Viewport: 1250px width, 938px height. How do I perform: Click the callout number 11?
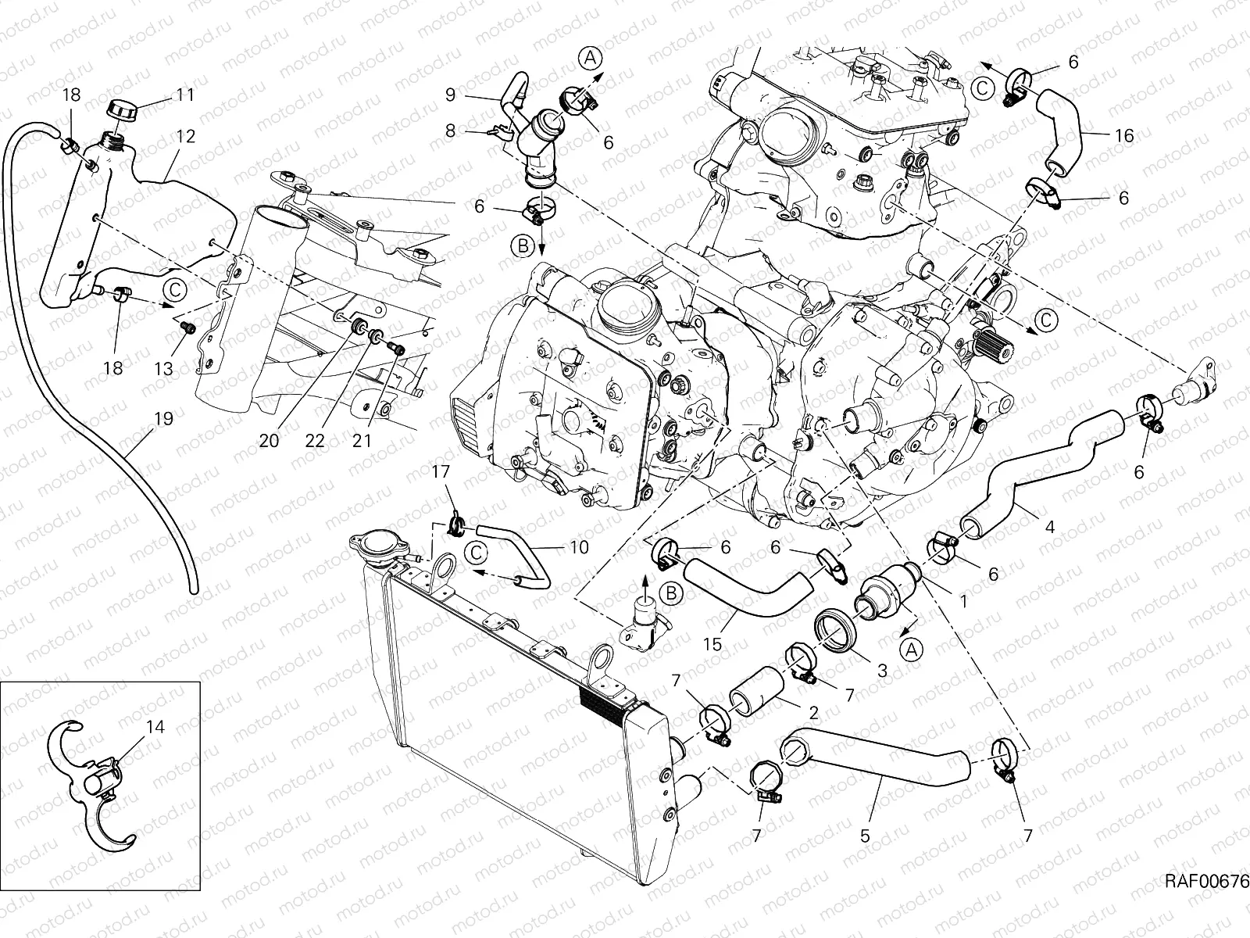(x=185, y=95)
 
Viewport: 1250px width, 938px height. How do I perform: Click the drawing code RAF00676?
(x=1206, y=882)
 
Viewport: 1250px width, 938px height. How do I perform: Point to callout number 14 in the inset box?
(x=155, y=726)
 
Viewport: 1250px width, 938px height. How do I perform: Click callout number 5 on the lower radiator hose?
(x=865, y=836)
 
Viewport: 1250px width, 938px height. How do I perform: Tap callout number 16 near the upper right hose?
(x=1123, y=136)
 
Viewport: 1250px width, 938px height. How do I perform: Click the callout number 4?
(x=1050, y=528)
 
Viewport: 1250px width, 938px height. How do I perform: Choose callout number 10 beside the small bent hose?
(x=579, y=548)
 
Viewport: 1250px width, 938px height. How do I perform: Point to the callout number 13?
(x=162, y=367)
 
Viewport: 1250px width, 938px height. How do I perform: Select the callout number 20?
(x=269, y=441)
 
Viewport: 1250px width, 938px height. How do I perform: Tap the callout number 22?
(x=315, y=441)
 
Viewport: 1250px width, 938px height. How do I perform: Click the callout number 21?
(x=361, y=441)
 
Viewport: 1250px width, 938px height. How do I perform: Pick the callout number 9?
(x=450, y=95)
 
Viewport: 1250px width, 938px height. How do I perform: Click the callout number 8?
(x=450, y=131)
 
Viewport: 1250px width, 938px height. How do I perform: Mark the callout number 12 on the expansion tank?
(x=185, y=136)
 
